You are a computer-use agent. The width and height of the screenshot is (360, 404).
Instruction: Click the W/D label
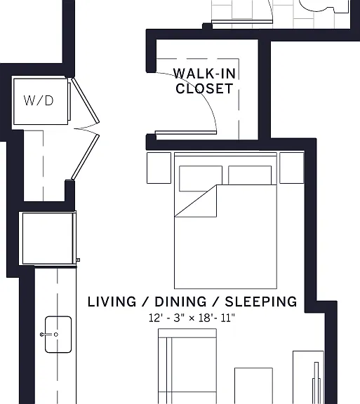tap(39, 100)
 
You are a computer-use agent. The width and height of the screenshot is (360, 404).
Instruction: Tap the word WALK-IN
tap(205, 74)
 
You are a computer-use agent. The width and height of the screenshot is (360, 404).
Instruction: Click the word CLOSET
tap(204, 88)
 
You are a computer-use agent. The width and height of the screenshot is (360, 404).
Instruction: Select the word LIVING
tap(112, 302)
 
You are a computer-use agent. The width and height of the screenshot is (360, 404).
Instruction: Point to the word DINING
tap(181, 302)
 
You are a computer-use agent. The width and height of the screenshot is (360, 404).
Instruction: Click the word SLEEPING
tap(261, 302)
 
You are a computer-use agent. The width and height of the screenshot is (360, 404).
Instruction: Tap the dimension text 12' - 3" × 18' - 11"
tap(192, 318)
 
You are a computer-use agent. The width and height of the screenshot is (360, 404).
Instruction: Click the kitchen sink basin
tap(58, 335)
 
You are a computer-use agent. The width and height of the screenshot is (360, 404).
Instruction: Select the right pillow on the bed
tap(250, 175)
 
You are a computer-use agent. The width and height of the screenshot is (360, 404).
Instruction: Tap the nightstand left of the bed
tap(159, 168)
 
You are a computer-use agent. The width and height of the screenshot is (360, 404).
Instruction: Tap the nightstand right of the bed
tap(292, 168)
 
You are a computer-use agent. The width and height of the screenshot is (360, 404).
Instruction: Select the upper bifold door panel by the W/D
tap(85, 100)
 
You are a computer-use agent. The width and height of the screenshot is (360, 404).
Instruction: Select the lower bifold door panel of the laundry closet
tap(85, 156)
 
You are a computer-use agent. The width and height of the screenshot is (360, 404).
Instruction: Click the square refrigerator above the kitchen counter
tap(48, 238)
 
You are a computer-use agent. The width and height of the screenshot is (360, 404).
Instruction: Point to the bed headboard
tap(226, 154)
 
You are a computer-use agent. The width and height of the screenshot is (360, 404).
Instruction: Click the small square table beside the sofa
tap(253, 386)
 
